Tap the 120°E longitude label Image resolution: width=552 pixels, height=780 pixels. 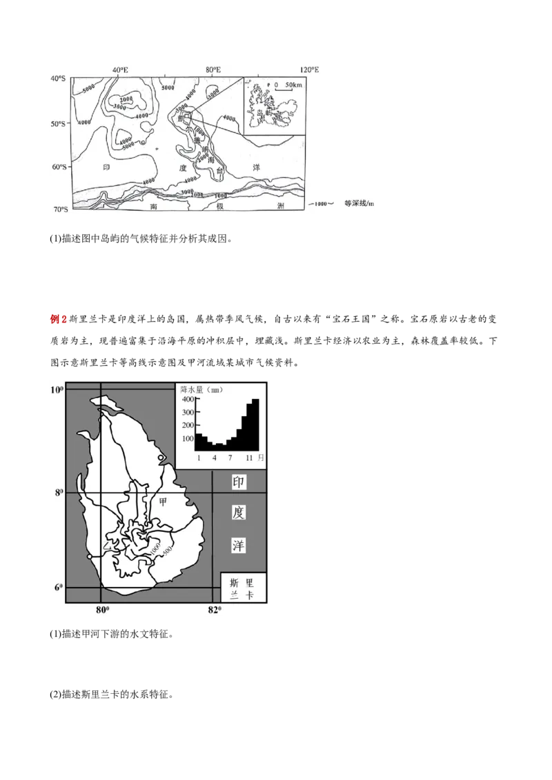pos(309,70)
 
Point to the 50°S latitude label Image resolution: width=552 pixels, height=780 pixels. pos(56,123)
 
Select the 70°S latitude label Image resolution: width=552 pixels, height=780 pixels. pos(56,209)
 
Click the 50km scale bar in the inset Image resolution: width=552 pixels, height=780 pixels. pos(289,85)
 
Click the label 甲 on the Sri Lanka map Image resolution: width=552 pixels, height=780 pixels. pos(164,503)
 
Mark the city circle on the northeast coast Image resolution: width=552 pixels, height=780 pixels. pos(161,458)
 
